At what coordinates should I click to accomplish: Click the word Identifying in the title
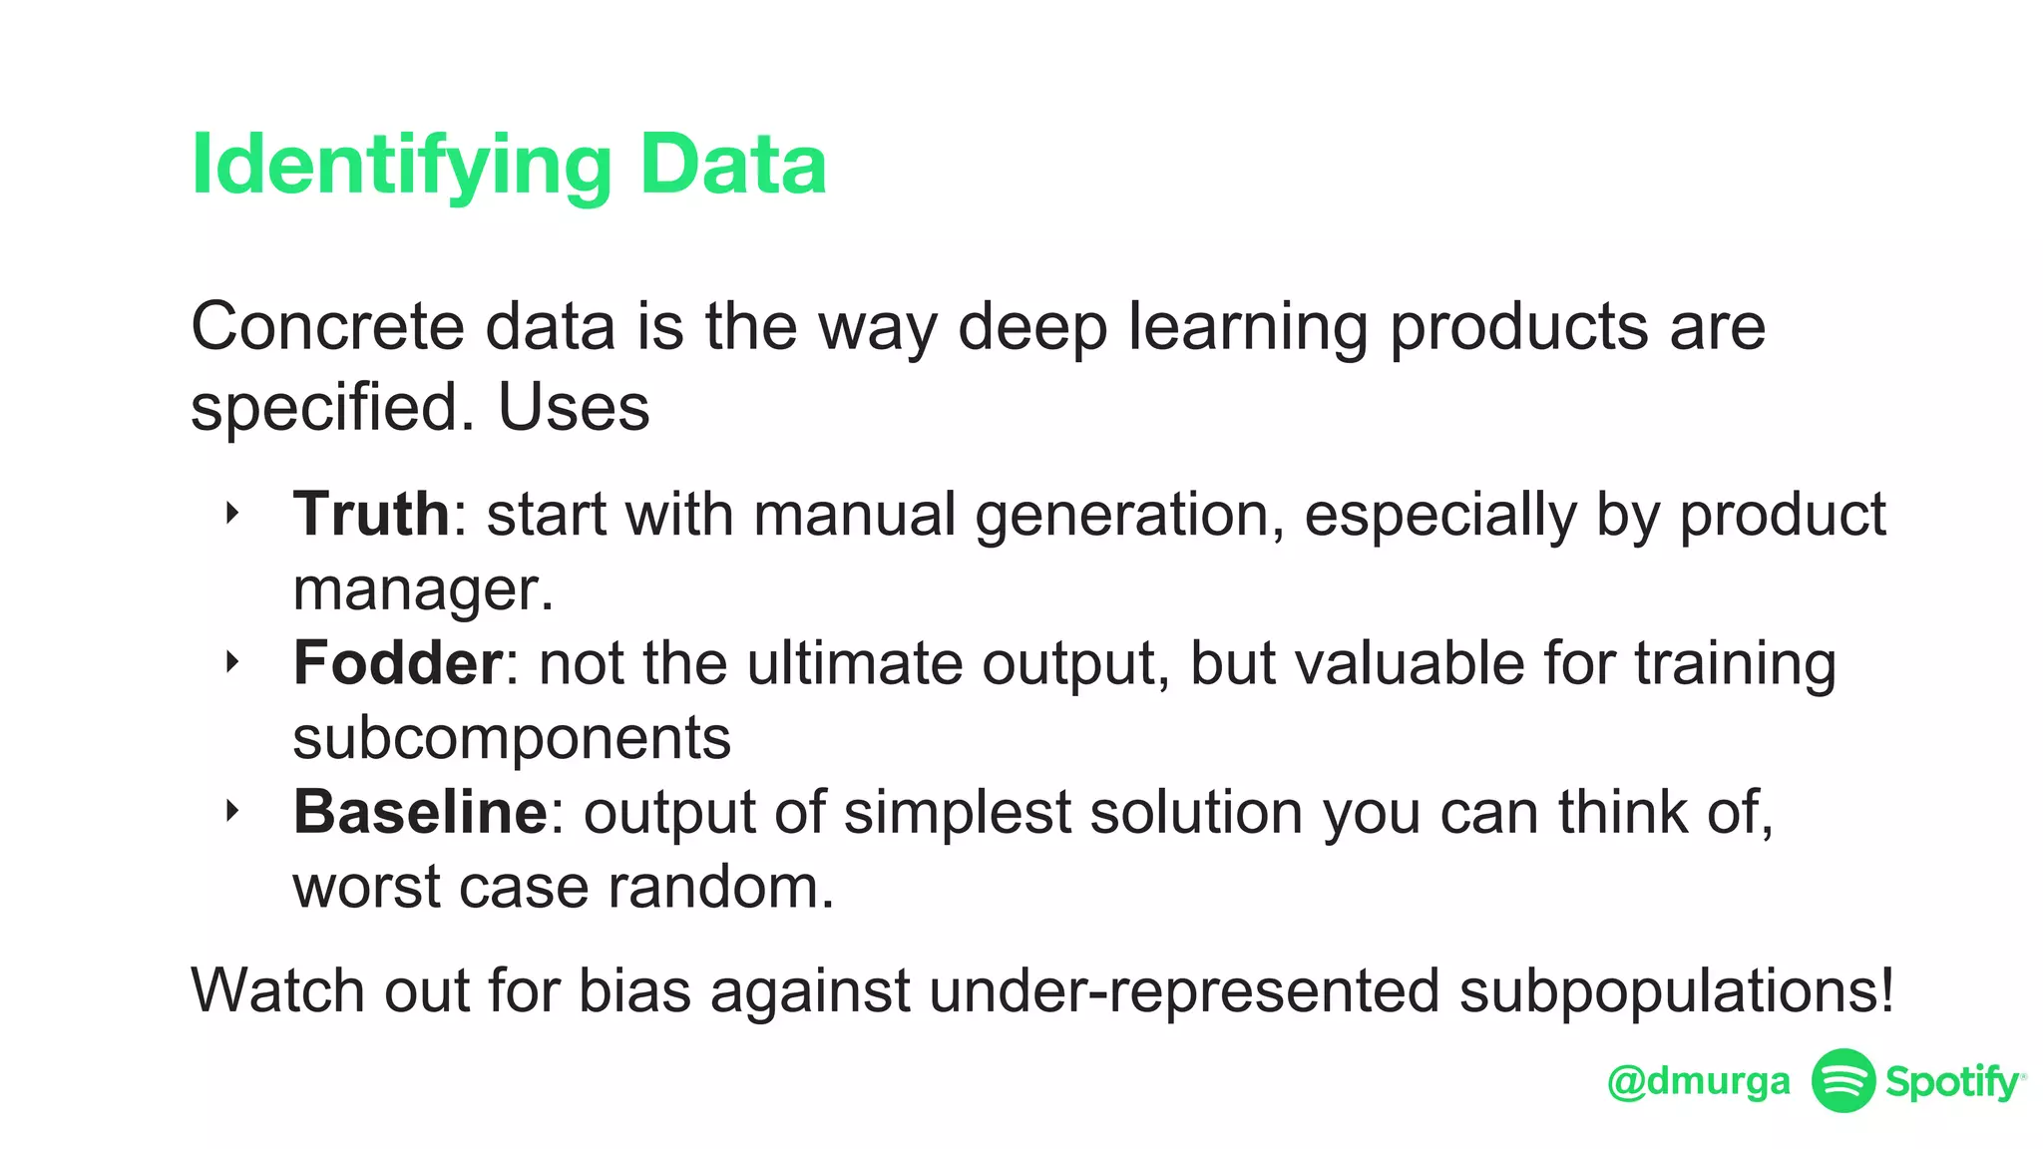pos(400,166)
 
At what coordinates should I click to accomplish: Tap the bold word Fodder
pos(397,662)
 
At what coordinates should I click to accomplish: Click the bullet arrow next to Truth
pos(232,514)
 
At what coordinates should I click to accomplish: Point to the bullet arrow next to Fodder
pos(232,662)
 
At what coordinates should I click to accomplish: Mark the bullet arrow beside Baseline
pos(232,811)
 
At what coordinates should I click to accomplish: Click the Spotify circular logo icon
pos(1842,1080)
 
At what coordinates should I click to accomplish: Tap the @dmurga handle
pos(1699,1081)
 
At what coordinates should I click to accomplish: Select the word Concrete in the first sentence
pos(327,326)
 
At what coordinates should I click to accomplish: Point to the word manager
pos(421,588)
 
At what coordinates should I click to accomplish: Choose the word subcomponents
pos(512,737)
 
